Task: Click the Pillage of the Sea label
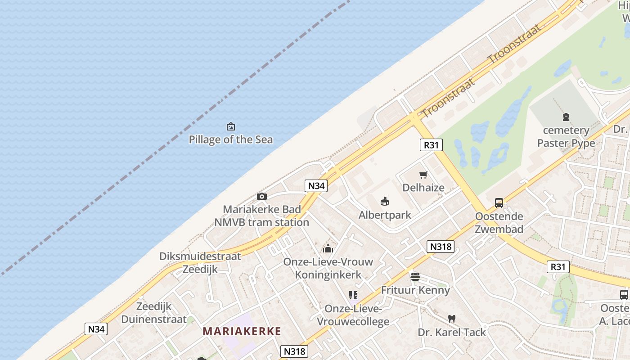tap(230, 139)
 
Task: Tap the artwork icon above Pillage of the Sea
tap(231, 126)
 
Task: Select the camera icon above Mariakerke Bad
tap(261, 196)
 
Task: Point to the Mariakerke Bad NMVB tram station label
tap(261, 216)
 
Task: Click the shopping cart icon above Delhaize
tap(423, 175)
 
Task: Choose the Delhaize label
tap(423, 188)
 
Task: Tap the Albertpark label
tap(385, 215)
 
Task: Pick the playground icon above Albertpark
tap(385, 201)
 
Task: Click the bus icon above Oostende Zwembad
tap(499, 203)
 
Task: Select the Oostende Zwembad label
tap(499, 223)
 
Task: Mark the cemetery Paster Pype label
tap(566, 137)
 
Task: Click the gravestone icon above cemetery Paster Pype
tap(566, 117)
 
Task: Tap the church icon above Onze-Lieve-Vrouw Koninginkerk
tap(328, 248)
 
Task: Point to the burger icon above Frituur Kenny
tap(415, 276)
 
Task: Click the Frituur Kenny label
tap(415, 290)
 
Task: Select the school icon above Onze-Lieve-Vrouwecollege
tap(353, 295)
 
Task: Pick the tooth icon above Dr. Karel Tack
tap(452, 319)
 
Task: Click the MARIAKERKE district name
tap(242, 332)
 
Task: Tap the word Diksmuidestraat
tap(200, 256)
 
